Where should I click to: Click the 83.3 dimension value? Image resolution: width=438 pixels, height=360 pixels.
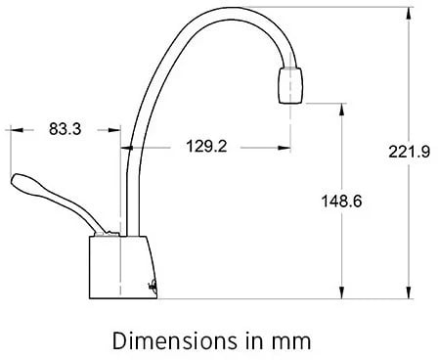click(x=65, y=129)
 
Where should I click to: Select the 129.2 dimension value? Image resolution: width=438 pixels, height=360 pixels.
click(x=206, y=146)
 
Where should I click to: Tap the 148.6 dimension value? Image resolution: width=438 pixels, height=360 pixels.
click(x=341, y=201)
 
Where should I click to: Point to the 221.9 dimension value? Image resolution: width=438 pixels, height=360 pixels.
click(x=410, y=152)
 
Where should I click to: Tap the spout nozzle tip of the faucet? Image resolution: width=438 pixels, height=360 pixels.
click(x=290, y=85)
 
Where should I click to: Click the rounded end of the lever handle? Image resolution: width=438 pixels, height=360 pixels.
click(x=17, y=180)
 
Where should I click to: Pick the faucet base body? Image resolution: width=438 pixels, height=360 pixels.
click(x=122, y=267)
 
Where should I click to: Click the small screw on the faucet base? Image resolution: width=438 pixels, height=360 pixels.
click(x=152, y=286)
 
